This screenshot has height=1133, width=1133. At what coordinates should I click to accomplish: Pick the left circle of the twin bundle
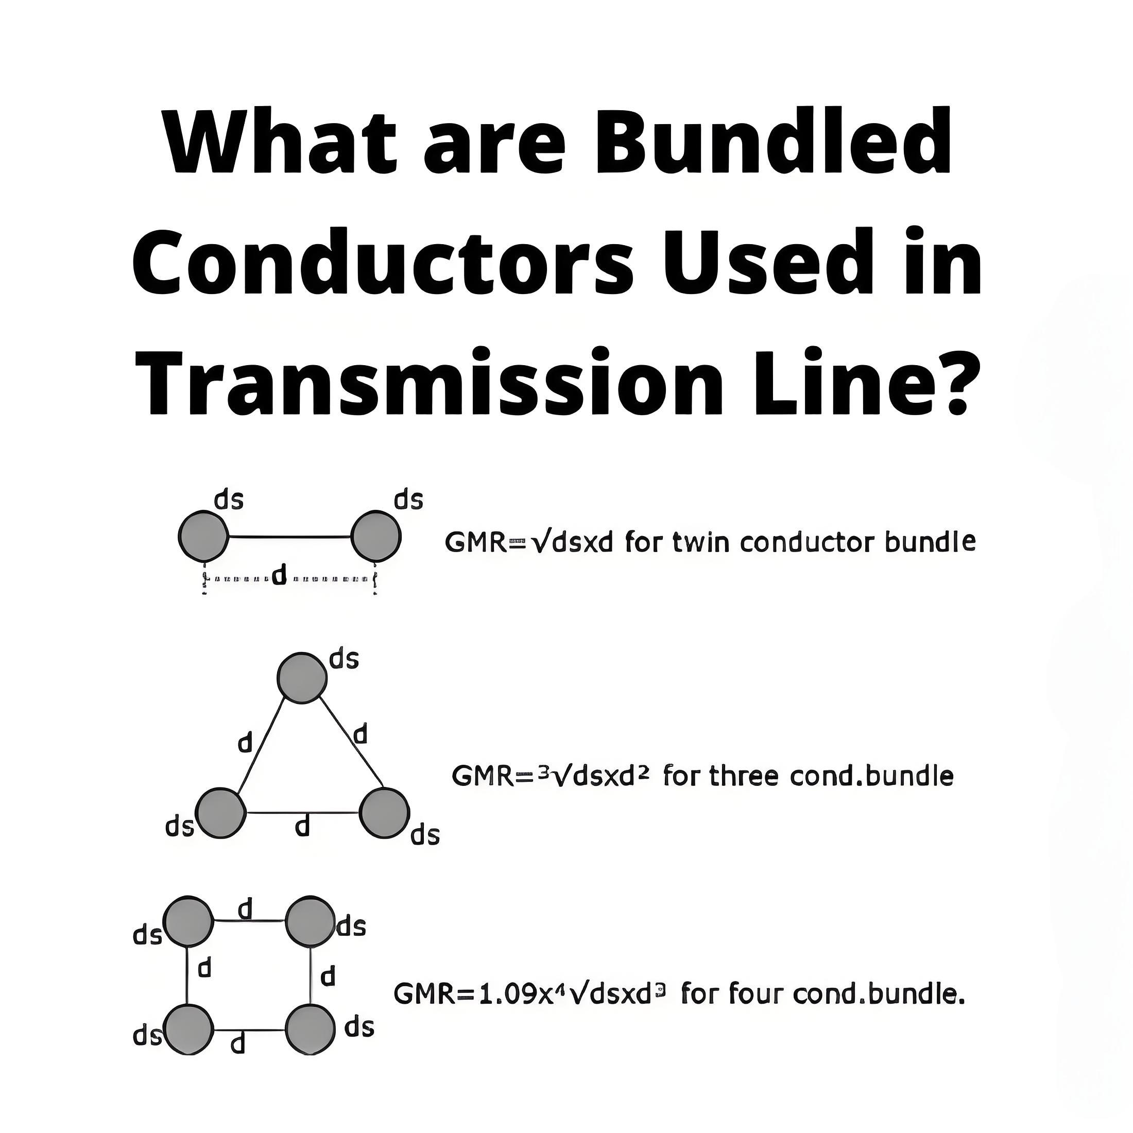[203, 536]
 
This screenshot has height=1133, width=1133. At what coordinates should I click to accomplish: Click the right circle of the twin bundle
[376, 536]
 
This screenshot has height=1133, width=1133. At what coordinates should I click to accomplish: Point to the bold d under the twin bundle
[279, 575]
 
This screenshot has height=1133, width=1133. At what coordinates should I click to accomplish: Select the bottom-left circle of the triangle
[220, 813]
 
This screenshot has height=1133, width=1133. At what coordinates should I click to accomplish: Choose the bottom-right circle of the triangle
[384, 813]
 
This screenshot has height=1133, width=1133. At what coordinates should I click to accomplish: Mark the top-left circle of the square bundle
[187, 921]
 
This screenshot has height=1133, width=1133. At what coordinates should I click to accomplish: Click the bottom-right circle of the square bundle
[310, 1031]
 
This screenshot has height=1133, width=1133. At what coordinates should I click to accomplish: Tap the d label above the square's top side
[245, 909]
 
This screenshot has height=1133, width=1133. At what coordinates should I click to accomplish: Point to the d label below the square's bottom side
[237, 1043]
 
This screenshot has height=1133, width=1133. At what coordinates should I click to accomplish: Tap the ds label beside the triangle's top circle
[344, 659]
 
